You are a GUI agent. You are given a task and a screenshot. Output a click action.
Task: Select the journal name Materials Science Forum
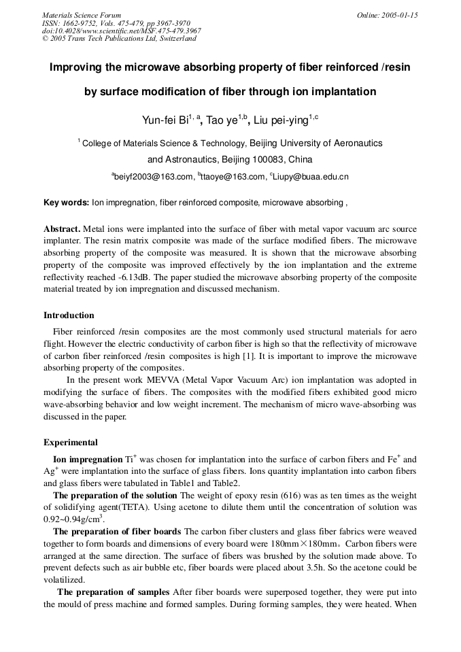(x=82, y=15)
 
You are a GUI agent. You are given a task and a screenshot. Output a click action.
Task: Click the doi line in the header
(x=121, y=31)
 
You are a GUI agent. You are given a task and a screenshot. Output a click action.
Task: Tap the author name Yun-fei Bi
(x=164, y=120)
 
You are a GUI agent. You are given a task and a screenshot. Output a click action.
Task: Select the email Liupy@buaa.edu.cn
(x=311, y=177)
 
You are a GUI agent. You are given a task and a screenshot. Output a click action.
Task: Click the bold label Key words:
(x=66, y=203)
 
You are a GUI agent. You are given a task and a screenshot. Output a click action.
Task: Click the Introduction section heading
(x=69, y=315)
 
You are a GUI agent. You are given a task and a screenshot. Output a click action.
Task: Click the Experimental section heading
(x=70, y=443)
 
